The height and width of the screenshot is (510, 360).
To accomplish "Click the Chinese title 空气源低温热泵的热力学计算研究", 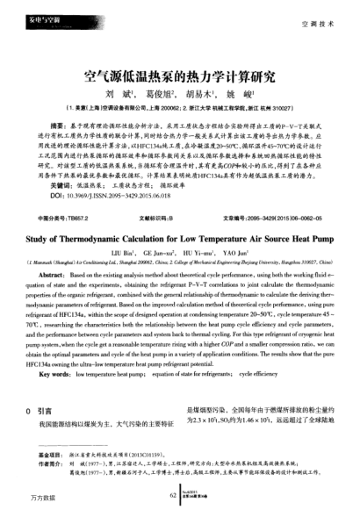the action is pyautogui.click(x=179, y=75).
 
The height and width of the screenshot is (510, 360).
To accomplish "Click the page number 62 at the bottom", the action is pyautogui.click(x=173, y=493).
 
